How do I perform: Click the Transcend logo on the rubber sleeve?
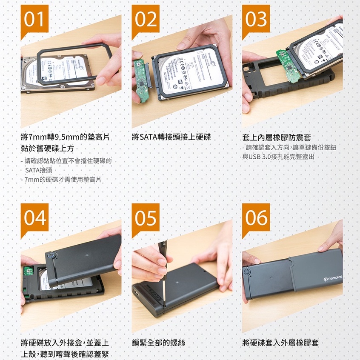[x=333, y=278]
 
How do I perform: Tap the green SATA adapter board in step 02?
[x=141, y=80]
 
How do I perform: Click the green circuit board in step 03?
[x=288, y=66]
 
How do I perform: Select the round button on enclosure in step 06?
[x=247, y=272]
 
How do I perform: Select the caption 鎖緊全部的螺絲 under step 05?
[x=159, y=343]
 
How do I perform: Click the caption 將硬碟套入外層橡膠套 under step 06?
[x=280, y=343]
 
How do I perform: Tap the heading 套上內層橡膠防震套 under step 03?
[x=277, y=137]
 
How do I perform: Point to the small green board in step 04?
[x=28, y=271]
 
